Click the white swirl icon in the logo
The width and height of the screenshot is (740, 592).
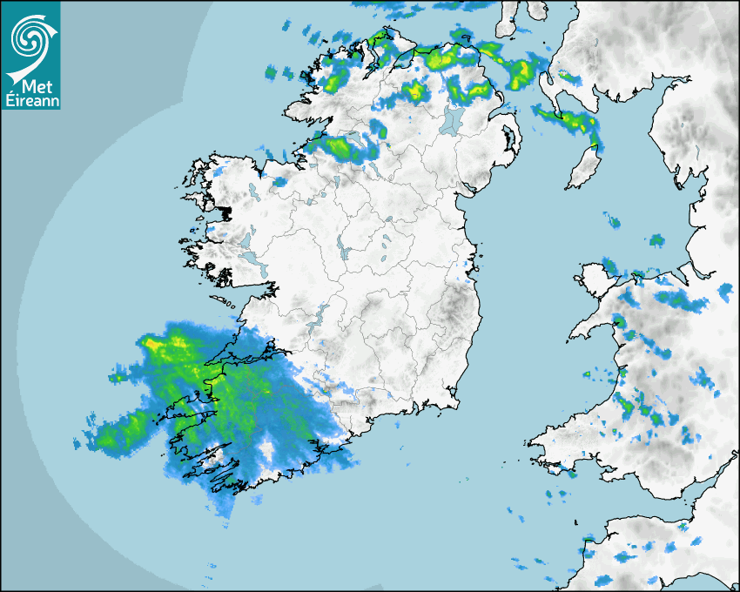30,37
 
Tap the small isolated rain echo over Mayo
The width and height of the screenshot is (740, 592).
279,182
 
